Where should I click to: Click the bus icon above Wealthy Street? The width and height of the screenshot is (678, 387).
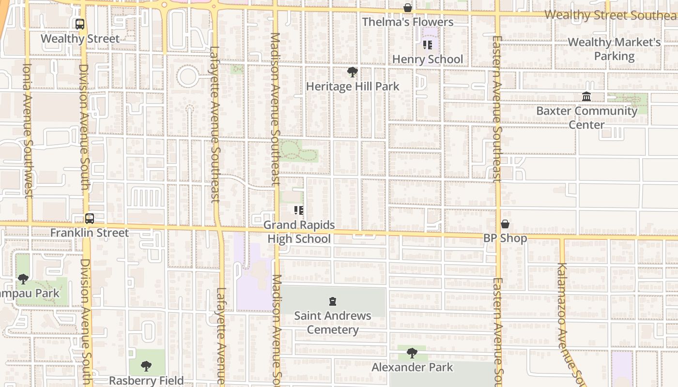click(80, 24)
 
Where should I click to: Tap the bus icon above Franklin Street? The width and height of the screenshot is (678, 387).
click(90, 219)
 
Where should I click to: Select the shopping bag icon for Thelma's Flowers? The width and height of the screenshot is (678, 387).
click(408, 8)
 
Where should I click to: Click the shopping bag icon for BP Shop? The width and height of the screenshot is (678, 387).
click(505, 224)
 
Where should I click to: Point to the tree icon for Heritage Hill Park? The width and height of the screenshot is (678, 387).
click(353, 73)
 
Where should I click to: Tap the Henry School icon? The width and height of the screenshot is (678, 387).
click(427, 45)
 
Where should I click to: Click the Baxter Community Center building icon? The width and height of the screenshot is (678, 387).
click(586, 97)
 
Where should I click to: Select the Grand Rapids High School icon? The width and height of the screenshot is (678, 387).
click(299, 210)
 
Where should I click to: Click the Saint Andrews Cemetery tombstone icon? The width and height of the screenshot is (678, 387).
click(333, 302)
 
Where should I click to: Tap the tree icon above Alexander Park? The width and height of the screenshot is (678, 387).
click(412, 353)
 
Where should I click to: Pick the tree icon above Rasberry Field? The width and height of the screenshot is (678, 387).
click(146, 366)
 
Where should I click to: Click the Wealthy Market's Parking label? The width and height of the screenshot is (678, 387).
click(614, 49)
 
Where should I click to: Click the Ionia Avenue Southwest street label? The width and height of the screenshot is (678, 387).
click(27, 131)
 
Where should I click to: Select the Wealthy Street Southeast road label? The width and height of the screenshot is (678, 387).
click(611, 15)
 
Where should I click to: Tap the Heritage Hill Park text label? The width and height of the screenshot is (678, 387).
click(353, 87)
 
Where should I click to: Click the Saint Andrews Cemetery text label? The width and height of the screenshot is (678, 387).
click(333, 323)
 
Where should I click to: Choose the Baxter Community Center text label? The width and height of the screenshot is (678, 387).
click(586, 118)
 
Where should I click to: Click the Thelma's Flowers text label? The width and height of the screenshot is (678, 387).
click(408, 22)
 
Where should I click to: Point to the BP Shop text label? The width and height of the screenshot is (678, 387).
click(505, 238)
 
